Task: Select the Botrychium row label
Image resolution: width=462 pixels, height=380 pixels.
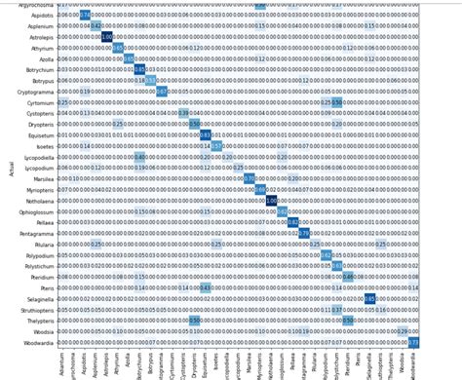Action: point(40,69)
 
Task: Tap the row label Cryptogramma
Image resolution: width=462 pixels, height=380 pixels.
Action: point(36,91)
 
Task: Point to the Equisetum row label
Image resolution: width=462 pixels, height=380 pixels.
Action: point(39,134)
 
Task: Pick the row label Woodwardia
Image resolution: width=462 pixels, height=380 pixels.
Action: point(38,343)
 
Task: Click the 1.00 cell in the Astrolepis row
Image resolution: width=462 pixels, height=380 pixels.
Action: point(107,37)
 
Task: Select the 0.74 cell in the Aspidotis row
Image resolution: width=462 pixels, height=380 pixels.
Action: point(85,16)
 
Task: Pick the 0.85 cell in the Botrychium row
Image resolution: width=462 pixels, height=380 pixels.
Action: point(139,69)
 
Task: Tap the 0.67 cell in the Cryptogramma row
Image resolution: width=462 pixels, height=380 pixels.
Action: point(162,91)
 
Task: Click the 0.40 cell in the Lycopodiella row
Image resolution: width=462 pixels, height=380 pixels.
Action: point(139,157)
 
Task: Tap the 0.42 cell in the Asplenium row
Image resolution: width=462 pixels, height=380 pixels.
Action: point(96,26)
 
